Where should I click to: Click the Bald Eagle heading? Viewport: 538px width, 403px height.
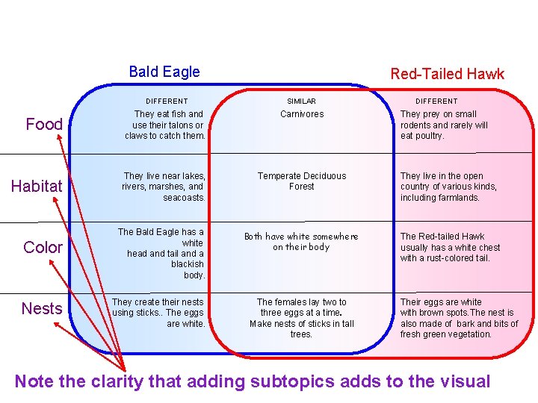[x=164, y=72]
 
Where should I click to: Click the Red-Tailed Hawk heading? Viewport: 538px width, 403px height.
[x=447, y=74]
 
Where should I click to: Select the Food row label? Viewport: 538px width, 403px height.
[x=44, y=125]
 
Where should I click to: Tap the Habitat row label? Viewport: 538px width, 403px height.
[x=37, y=187]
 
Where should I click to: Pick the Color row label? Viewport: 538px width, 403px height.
[x=43, y=248]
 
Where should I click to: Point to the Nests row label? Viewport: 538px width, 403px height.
[x=42, y=308]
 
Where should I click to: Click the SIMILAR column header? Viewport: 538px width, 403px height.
[x=302, y=101]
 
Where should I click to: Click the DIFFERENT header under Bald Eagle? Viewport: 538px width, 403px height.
[x=167, y=101]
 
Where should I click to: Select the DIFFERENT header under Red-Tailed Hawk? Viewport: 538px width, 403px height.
[x=436, y=101]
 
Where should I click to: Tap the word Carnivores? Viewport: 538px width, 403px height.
[x=302, y=114]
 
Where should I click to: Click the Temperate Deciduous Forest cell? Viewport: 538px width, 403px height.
[x=302, y=181]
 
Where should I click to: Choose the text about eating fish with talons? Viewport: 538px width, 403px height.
[x=166, y=125]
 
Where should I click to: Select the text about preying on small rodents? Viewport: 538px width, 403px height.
[x=444, y=125]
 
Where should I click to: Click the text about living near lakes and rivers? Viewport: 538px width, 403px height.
[x=164, y=187]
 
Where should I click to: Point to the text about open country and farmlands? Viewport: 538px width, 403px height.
[x=448, y=187]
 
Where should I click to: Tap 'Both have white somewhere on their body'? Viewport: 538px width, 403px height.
[x=302, y=242]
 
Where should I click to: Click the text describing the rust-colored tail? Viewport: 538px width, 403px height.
[x=450, y=248]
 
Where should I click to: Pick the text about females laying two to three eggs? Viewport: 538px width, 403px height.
[x=302, y=318]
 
